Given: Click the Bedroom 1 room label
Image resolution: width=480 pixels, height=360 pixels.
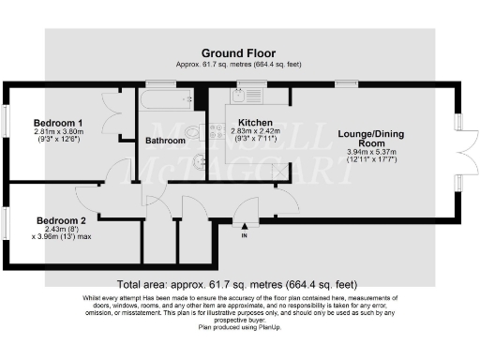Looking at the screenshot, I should tap(59, 123).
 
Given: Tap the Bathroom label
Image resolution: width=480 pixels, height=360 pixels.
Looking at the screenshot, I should tap(164, 142).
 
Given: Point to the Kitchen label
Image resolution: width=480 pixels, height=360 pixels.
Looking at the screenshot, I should tap(255, 123).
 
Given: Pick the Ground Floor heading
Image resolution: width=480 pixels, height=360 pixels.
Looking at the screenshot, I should tap(239, 53).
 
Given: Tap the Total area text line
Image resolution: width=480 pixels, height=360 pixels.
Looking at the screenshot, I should tap(240, 284).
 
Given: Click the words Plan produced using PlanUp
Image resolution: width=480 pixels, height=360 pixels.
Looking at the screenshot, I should tap(240, 329).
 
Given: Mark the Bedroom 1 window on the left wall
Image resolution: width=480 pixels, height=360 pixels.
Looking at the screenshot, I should tap(5, 119).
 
